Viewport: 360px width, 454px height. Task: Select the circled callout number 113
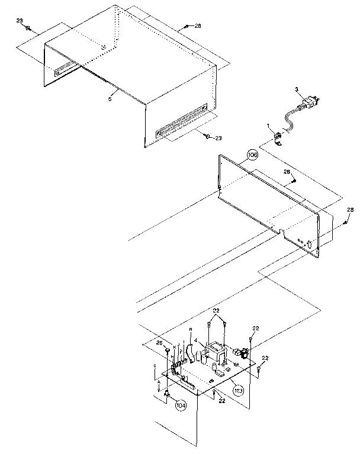[238, 390]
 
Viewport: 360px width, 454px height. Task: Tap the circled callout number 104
[180, 405]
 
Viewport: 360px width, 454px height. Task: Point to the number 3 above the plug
[296, 89]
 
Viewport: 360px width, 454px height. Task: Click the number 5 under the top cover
[110, 99]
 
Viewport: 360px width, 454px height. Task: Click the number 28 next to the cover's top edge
[197, 26]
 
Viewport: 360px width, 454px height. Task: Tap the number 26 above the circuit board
[159, 342]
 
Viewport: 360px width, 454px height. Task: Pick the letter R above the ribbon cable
[191, 329]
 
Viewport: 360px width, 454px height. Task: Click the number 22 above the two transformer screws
[217, 311]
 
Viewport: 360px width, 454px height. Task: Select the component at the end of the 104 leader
[168, 395]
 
